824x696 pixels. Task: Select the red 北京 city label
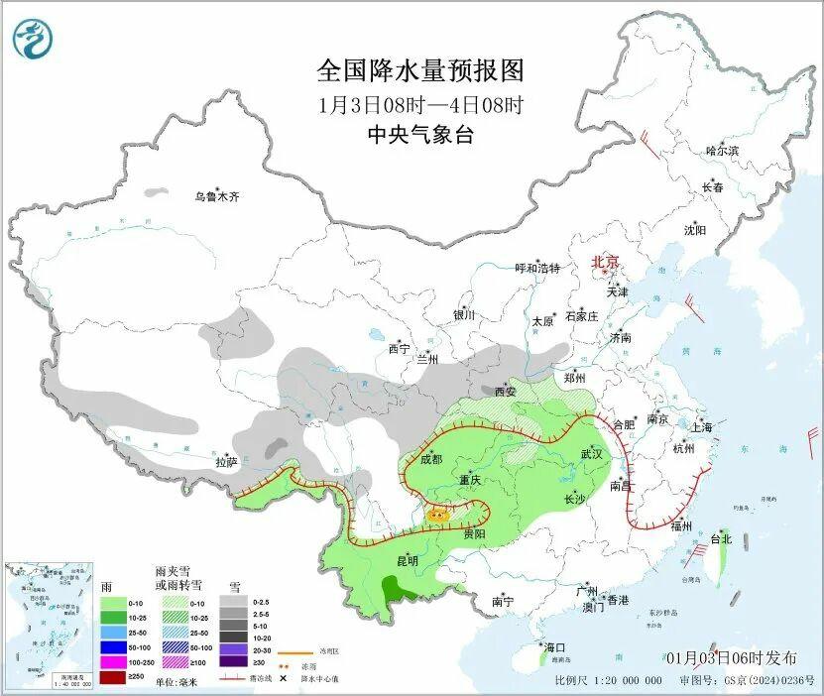coord(605,262)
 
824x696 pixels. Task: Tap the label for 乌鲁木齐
coord(216,197)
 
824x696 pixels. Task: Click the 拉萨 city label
coord(225,462)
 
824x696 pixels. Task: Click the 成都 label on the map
coord(432,458)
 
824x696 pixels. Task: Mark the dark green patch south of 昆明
coord(402,594)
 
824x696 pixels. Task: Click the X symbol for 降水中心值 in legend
coord(285,678)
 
